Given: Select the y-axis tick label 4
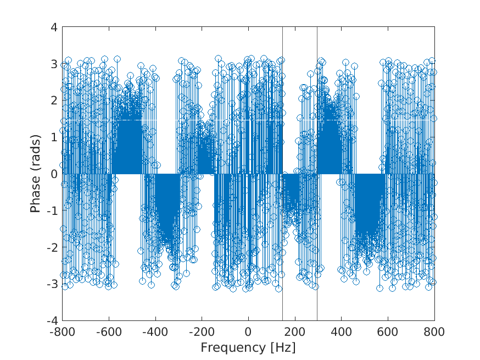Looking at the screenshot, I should [x=54, y=27].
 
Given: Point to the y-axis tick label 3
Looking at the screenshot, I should [x=54, y=64].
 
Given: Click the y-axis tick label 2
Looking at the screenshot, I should [x=54, y=101].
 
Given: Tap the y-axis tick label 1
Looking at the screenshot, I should [x=54, y=137].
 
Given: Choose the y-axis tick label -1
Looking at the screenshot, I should [x=52, y=211].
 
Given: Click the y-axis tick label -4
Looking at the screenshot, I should [x=52, y=320].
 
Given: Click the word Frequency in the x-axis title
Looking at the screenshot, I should [x=232, y=347].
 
